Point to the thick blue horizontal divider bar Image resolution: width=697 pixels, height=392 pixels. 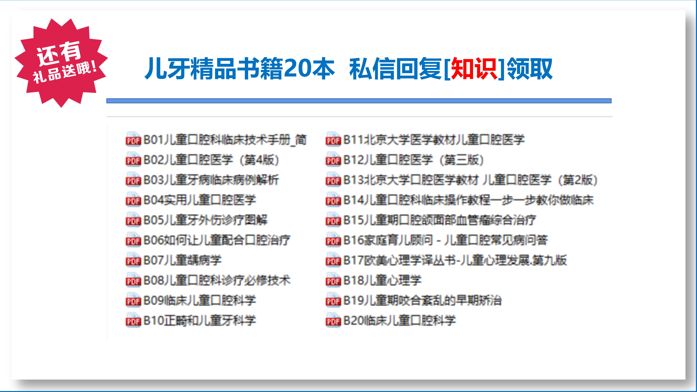[x=359, y=101]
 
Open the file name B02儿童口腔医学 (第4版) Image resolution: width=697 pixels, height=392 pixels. [x=211, y=160]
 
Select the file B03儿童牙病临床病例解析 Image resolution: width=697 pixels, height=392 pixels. [x=211, y=180]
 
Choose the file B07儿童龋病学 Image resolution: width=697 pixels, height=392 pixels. [x=183, y=260]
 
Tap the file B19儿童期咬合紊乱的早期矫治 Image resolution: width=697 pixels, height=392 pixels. [x=422, y=301]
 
